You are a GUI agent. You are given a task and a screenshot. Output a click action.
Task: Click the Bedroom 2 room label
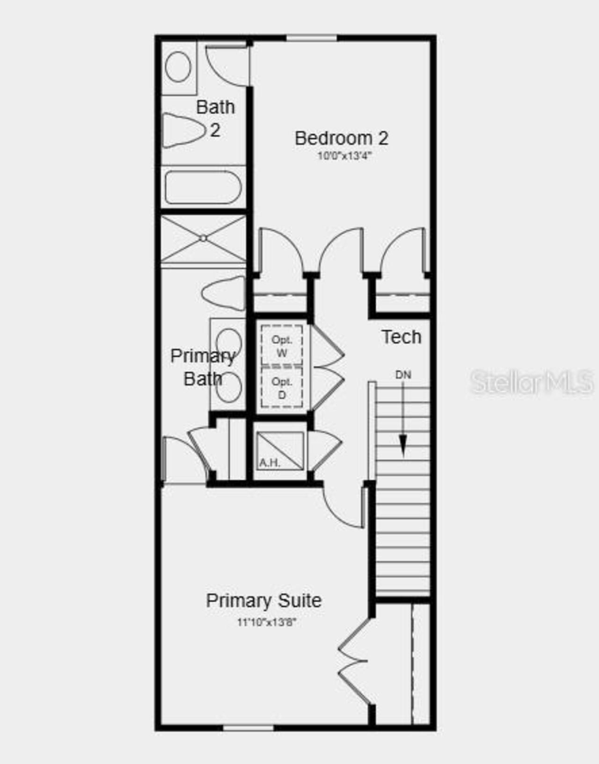point(341,138)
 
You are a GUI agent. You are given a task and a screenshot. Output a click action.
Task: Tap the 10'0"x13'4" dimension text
point(344,156)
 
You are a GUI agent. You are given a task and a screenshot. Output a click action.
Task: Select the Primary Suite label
point(263,600)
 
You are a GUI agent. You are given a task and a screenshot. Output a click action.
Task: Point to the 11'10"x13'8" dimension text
point(267,622)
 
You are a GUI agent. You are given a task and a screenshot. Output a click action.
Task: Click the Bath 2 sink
point(178,67)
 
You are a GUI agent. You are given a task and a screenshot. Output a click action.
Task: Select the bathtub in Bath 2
point(203,187)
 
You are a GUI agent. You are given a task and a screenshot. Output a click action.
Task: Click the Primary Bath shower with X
point(203,239)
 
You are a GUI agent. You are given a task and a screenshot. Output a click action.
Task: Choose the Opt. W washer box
point(281,346)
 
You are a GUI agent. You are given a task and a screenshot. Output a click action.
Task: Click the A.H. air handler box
point(280,451)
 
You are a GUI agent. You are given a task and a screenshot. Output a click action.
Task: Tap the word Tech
point(401,337)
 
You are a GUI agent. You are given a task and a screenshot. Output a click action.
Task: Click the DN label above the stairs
point(403,375)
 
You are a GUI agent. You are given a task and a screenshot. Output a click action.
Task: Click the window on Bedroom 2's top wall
point(311,38)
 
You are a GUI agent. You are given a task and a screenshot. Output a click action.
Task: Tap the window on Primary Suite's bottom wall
point(248,728)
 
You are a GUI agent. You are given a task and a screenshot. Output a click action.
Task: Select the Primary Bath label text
point(202,367)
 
